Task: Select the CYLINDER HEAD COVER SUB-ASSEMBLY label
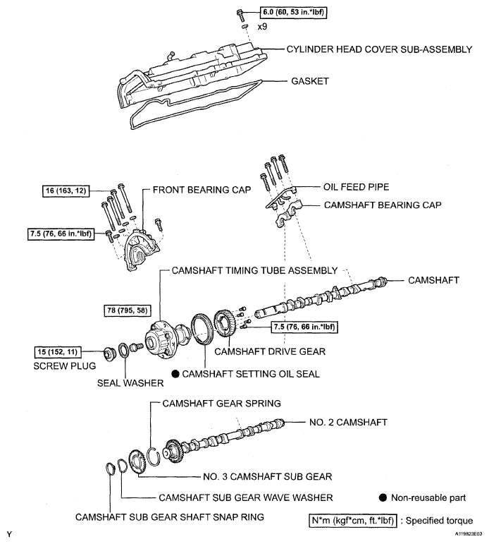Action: (378, 51)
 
